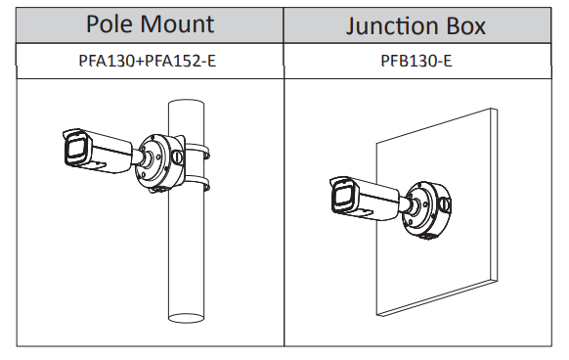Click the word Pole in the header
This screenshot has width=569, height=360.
coord(109,24)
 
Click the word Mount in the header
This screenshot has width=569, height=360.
coord(177,24)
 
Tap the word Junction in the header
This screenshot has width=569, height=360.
coord(391,26)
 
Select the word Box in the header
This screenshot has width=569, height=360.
coord(465,26)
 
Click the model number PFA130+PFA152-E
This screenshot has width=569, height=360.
coord(148,61)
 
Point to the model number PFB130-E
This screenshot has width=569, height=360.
coord(416,61)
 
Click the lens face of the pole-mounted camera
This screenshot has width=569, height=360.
coord(76,149)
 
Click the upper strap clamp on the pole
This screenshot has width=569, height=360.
coord(196,151)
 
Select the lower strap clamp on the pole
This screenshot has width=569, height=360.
coord(196,183)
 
